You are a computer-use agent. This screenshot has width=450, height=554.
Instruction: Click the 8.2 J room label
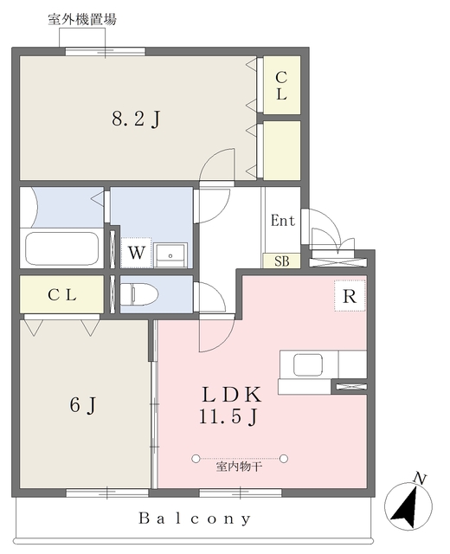(x=137, y=119)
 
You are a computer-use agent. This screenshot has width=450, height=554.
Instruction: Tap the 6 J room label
(x=83, y=404)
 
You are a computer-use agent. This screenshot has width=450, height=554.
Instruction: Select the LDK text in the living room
(x=232, y=395)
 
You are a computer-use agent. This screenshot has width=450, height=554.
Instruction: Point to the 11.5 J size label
(x=228, y=416)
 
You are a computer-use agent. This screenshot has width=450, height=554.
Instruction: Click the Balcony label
(x=195, y=519)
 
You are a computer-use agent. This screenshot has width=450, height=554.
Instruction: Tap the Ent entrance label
(x=283, y=221)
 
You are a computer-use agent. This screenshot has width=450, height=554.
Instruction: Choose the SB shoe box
(x=282, y=261)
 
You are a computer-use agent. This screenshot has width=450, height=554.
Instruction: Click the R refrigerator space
(x=350, y=296)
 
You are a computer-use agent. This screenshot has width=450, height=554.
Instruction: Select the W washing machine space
(x=137, y=253)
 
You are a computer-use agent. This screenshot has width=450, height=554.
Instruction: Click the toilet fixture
(x=138, y=294)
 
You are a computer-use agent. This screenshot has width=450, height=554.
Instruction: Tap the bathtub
(x=61, y=248)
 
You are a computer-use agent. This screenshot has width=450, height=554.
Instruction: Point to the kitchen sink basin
(x=308, y=364)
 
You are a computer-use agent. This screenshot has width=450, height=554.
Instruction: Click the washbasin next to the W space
(x=170, y=255)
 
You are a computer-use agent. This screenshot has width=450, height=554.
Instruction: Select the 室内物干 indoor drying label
(x=239, y=467)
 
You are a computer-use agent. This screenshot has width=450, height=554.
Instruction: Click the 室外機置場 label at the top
(x=82, y=19)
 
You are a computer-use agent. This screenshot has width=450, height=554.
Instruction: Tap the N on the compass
(x=420, y=479)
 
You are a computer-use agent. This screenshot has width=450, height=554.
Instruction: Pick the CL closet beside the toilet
(x=61, y=294)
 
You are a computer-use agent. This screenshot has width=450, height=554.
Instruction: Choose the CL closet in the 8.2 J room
(x=282, y=85)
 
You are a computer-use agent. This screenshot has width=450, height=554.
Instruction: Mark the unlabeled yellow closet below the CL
(x=282, y=150)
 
